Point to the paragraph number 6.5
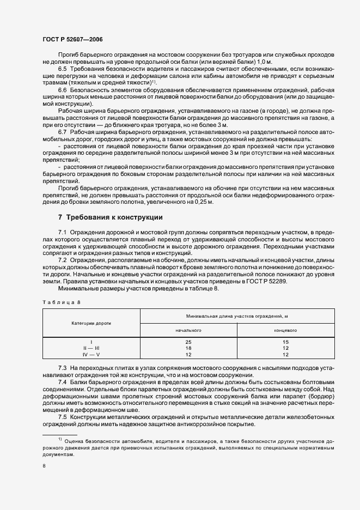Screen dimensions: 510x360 click(63, 69)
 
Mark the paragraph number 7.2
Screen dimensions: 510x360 click(63, 260)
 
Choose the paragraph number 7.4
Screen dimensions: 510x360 click(63, 382)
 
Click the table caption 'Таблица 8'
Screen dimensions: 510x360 click(61, 301)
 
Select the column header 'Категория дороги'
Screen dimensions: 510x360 click(91, 323)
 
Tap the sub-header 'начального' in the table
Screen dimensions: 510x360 click(188, 330)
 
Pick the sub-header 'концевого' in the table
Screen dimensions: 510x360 click(285, 330)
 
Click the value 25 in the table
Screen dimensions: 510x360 click(188, 342)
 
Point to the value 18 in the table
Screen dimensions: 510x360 click(188, 348)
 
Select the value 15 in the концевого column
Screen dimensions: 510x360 click(285, 342)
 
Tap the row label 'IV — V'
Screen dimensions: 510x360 click(91, 354)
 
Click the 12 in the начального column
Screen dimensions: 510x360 click(188, 354)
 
